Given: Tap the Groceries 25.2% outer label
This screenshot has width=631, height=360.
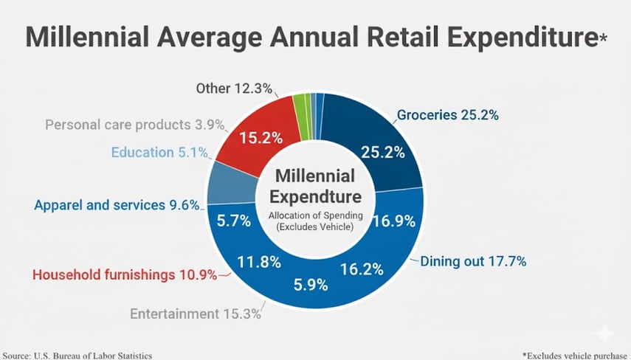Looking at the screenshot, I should coord(448,115).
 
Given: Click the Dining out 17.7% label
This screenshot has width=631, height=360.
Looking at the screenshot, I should coord(472,260).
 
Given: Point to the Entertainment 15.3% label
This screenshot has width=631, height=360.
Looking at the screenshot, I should coord(196,314).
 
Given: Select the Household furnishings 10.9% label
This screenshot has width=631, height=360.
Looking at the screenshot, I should coord(125,275).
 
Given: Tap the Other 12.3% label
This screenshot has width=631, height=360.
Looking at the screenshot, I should coord(234,89).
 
